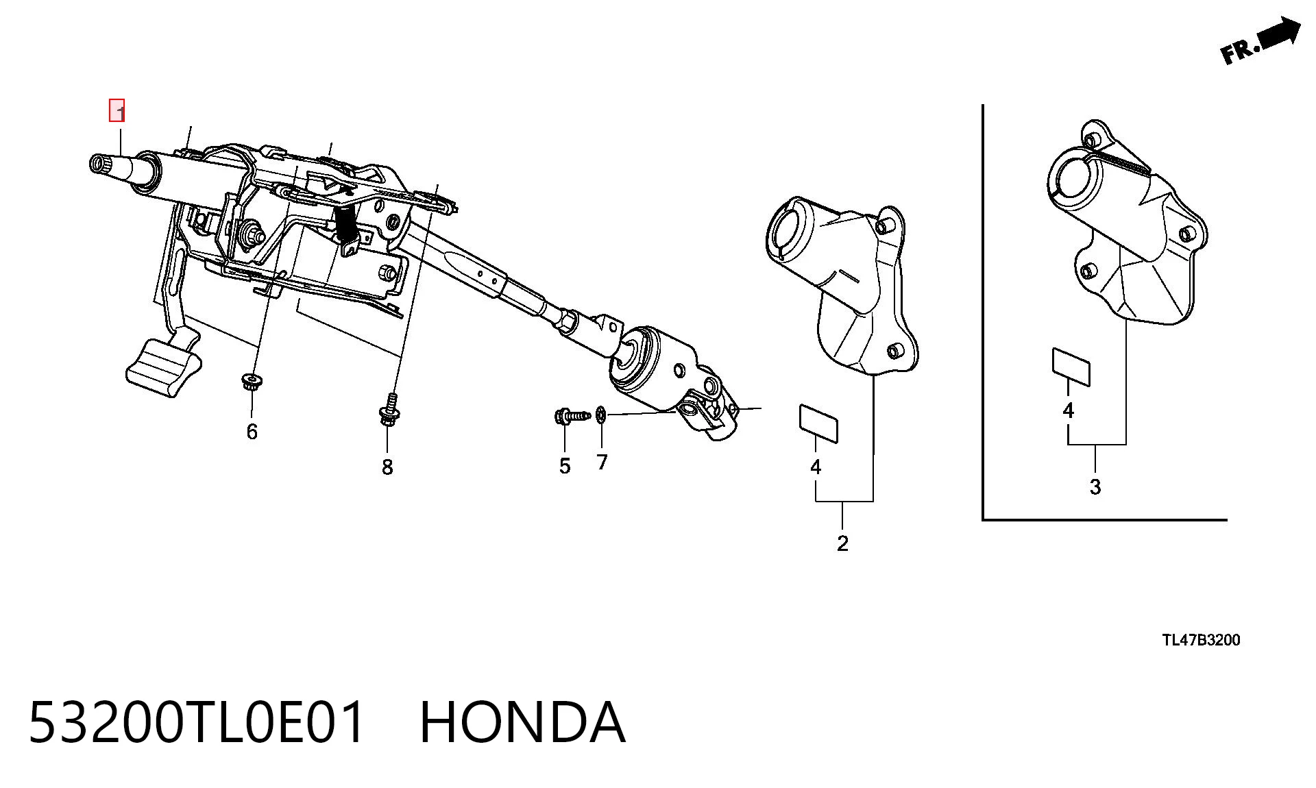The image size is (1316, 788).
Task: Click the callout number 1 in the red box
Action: [117, 110]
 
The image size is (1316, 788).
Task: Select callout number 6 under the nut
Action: [252, 432]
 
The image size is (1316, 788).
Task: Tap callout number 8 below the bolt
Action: [387, 467]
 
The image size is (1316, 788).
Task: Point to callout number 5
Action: [565, 467]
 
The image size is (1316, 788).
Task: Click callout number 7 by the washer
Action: [602, 463]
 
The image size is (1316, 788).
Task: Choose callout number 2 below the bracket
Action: [843, 543]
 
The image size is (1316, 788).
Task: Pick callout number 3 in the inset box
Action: [1095, 487]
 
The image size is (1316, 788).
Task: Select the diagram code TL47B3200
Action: [1201, 641]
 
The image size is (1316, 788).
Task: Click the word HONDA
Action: [522, 722]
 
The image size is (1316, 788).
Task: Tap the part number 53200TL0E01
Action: [197, 722]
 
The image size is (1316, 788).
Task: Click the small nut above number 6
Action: [252, 381]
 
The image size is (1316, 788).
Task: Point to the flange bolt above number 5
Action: [572, 415]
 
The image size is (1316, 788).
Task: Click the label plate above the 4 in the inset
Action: [1071, 367]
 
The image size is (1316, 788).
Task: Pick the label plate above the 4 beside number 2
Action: [818, 423]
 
